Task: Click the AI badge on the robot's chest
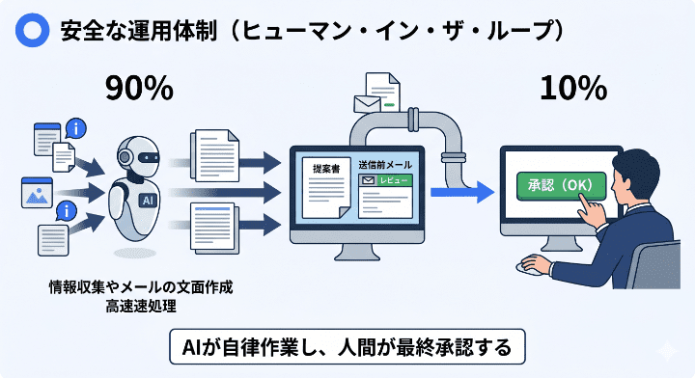coord(148,200)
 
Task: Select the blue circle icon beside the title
coord(33,29)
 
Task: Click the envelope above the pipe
coord(368,103)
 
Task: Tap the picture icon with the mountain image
coord(36,192)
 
